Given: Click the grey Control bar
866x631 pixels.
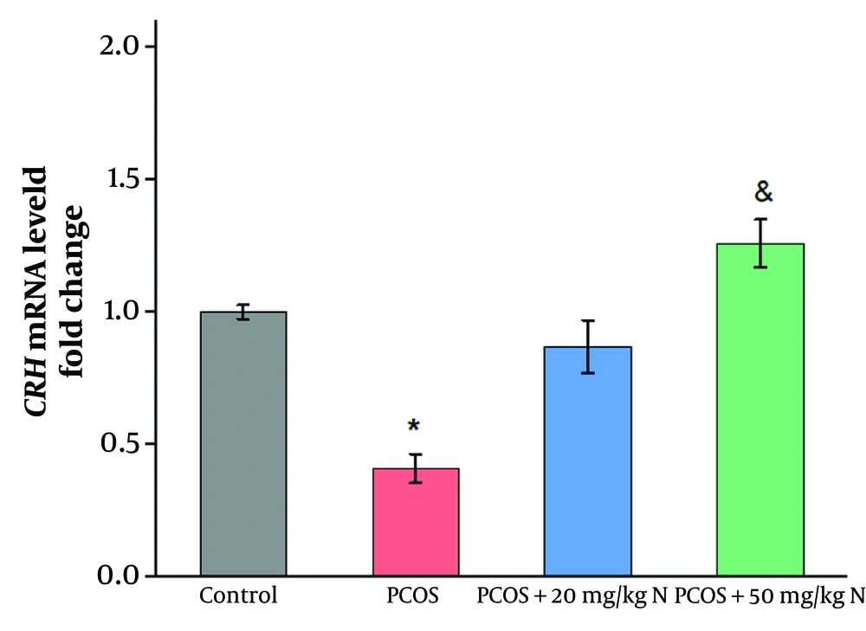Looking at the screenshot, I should point(243,443).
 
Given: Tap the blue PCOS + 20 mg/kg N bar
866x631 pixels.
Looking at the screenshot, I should point(588,460).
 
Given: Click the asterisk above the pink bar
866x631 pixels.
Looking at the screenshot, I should point(414,426).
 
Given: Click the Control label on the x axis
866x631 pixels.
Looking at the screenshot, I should point(238,596).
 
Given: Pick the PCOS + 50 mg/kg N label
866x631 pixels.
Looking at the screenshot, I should point(769,596).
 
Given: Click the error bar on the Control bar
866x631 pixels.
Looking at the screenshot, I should point(244,312).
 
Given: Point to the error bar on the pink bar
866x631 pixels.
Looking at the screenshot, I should point(417,468).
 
